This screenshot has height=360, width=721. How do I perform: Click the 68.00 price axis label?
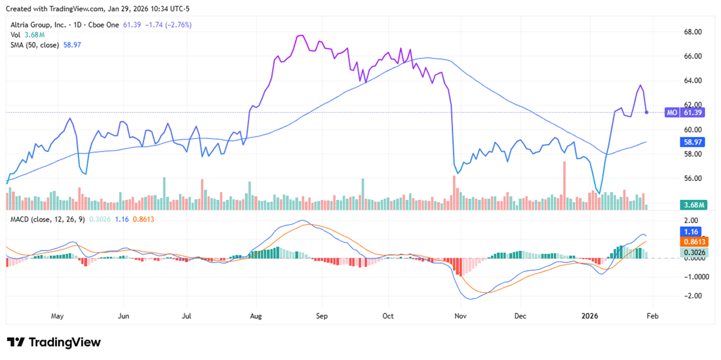693,31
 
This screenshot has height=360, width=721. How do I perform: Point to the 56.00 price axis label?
693,178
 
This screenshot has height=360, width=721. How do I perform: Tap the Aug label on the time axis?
256,315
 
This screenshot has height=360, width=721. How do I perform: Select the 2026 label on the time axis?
591,315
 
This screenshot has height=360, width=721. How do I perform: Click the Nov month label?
461,315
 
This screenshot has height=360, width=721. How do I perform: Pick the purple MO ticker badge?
672,113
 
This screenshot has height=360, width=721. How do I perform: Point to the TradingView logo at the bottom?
54,342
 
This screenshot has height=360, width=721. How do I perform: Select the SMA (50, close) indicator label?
33,45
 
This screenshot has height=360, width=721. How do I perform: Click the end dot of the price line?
647,112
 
